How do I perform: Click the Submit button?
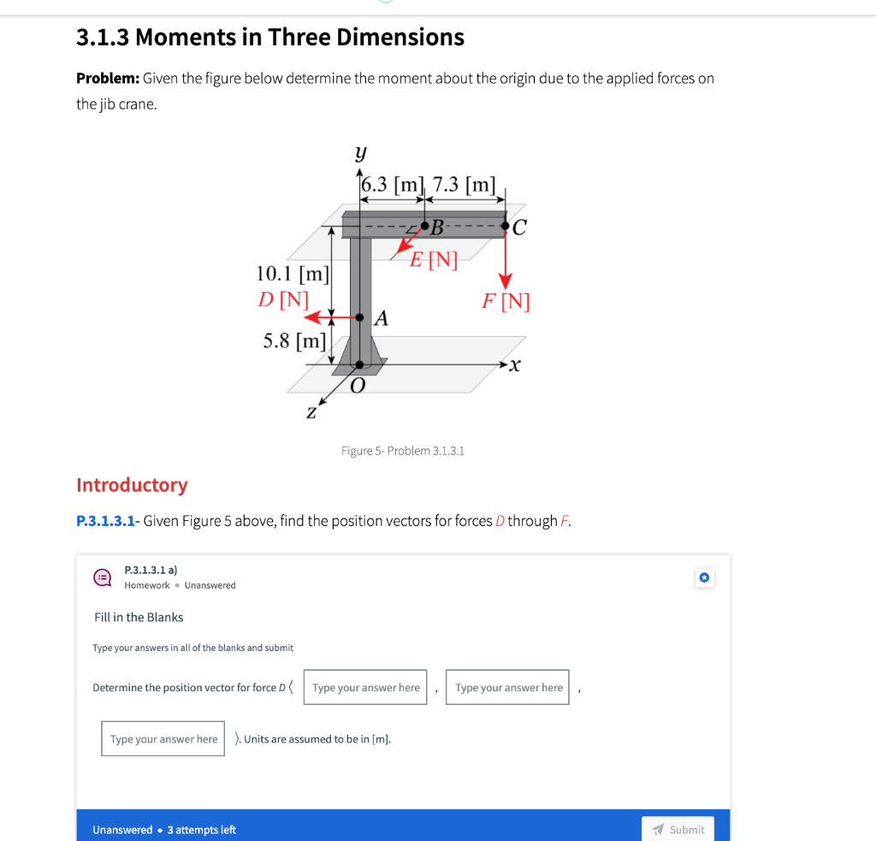[x=678, y=829]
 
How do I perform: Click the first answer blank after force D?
[x=365, y=687]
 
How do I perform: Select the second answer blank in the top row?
[x=507, y=687]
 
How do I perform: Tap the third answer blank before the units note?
[x=163, y=739]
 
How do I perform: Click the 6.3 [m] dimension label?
[x=392, y=185]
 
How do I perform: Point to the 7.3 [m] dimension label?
[x=465, y=185]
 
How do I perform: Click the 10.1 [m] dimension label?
[x=293, y=274]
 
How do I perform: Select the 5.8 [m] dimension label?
[x=294, y=341]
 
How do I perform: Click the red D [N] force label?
[x=283, y=299]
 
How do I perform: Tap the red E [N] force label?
[x=433, y=259]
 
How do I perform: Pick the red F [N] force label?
[x=506, y=301]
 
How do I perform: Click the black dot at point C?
[x=506, y=227]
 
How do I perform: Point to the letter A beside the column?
[x=382, y=319]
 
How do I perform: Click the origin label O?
[x=357, y=387]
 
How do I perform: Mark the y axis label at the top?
[x=361, y=154]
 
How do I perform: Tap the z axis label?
[x=311, y=412]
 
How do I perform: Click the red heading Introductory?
[x=132, y=485]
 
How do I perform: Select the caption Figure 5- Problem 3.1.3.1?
[x=402, y=450]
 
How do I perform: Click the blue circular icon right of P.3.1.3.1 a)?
[x=703, y=578]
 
